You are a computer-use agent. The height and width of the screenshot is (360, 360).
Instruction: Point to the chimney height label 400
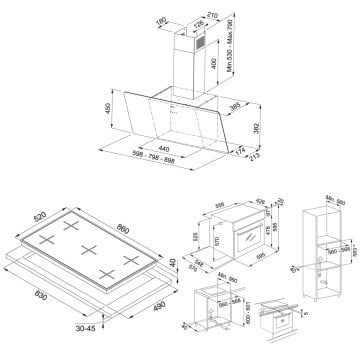coord(216,63)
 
